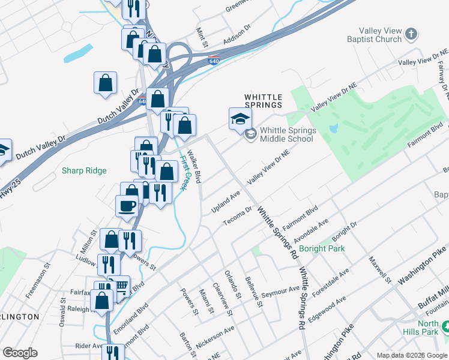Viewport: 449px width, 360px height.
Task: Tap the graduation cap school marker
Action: [x=240, y=118]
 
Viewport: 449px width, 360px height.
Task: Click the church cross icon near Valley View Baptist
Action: [x=411, y=34]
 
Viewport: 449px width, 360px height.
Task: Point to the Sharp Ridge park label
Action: [x=84, y=171]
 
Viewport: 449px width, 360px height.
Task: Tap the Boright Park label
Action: [x=321, y=248]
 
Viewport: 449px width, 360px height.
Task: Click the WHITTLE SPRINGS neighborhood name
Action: [x=262, y=100]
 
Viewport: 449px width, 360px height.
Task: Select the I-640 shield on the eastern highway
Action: [x=214, y=61]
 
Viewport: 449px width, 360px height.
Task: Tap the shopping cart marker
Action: [x=121, y=286]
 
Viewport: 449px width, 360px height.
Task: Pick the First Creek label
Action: [x=183, y=173]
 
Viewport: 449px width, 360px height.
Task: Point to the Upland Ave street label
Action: [x=225, y=202]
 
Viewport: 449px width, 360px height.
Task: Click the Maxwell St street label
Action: [x=380, y=271]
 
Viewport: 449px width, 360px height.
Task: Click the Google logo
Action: [x=20, y=353]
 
